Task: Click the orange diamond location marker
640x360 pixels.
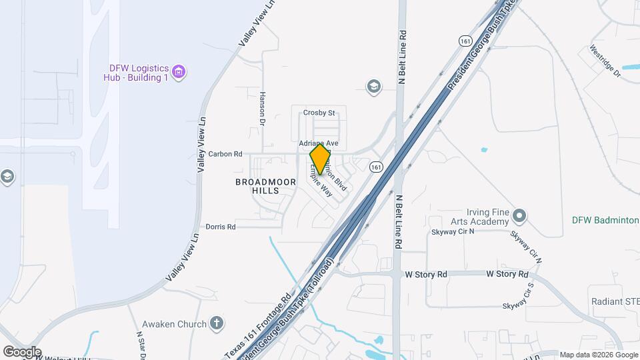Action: [x=320, y=159]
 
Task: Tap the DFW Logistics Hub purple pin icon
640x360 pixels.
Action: [x=178, y=71]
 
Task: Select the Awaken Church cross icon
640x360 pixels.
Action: [x=216, y=324]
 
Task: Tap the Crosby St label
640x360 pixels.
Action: [x=319, y=113]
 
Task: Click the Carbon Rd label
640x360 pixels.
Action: [x=225, y=154]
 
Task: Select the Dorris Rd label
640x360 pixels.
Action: [x=221, y=227]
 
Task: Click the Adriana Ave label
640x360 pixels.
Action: [x=319, y=143]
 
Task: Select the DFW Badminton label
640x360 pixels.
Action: [x=605, y=220]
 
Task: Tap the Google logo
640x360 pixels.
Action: [x=22, y=351]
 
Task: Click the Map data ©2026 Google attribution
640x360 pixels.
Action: [x=598, y=355]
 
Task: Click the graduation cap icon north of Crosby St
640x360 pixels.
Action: [x=373, y=86]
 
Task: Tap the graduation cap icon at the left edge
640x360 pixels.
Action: [x=7, y=177]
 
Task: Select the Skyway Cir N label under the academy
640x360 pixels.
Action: [x=453, y=232]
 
